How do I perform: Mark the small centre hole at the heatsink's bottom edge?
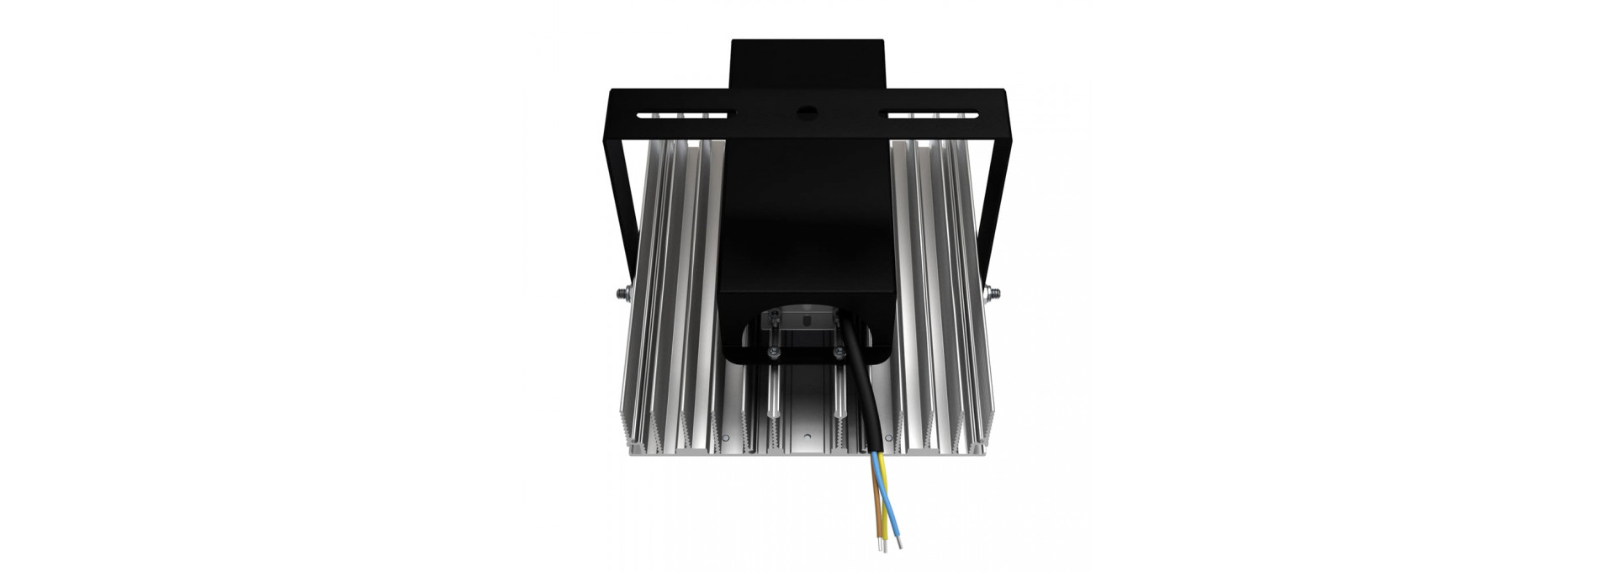click(x=807, y=437)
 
